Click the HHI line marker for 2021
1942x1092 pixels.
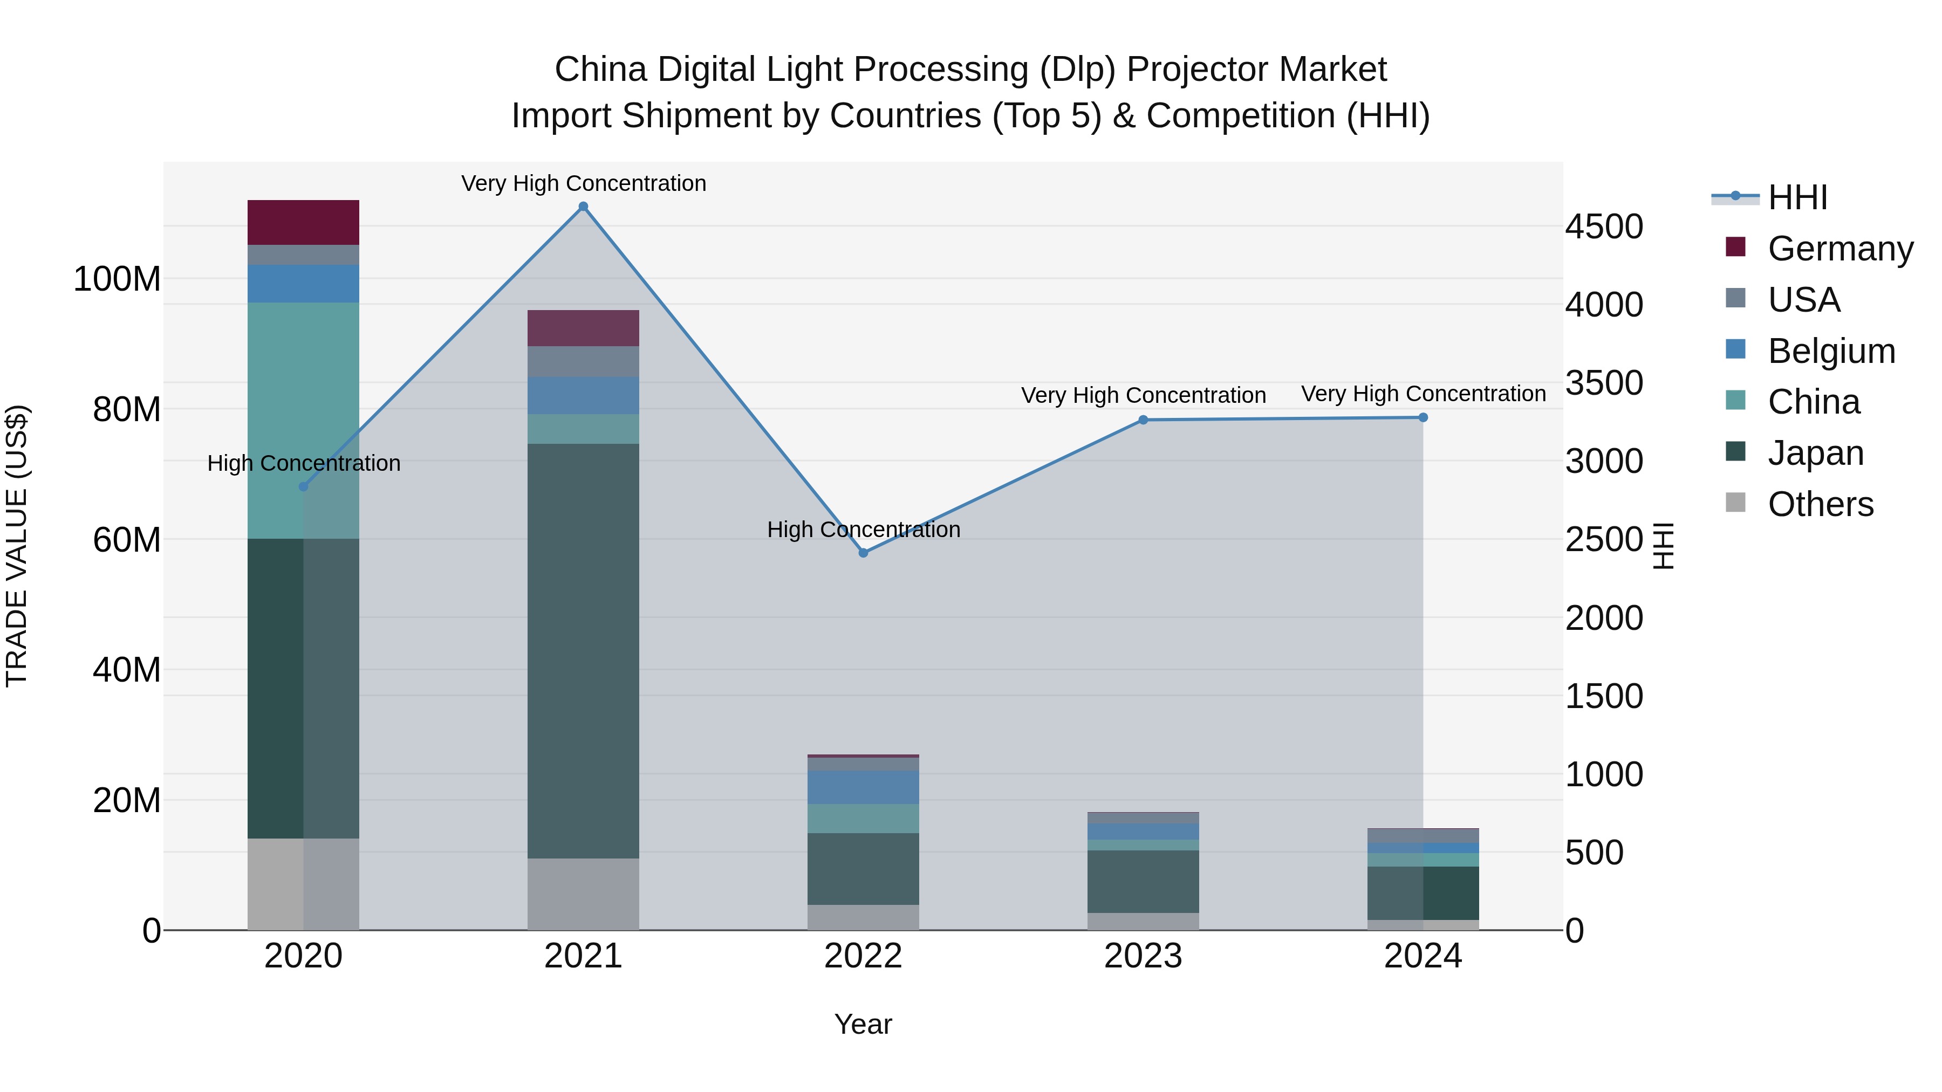click(x=583, y=207)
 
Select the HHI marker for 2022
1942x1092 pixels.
click(x=863, y=552)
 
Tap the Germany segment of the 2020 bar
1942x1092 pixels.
click(x=303, y=222)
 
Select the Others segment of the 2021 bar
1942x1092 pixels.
click(x=583, y=893)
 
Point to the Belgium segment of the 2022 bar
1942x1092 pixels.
click(x=863, y=787)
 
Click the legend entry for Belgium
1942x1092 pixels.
click(x=1830, y=351)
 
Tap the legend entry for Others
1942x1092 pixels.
click(x=1820, y=504)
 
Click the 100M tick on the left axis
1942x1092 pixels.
click(x=117, y=279)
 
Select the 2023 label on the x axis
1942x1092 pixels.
click(x=1143, y=956)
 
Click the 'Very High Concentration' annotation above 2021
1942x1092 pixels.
click(x=583, y=183)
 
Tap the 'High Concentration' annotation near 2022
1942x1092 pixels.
click(x=863, y=529)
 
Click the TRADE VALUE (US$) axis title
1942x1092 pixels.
click(x=17, y=546)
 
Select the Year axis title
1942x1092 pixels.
click(x=863, y=1024)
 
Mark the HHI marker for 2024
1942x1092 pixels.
click(x=1423, y=417)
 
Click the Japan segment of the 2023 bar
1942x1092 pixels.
click(x=1143, y=881)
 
